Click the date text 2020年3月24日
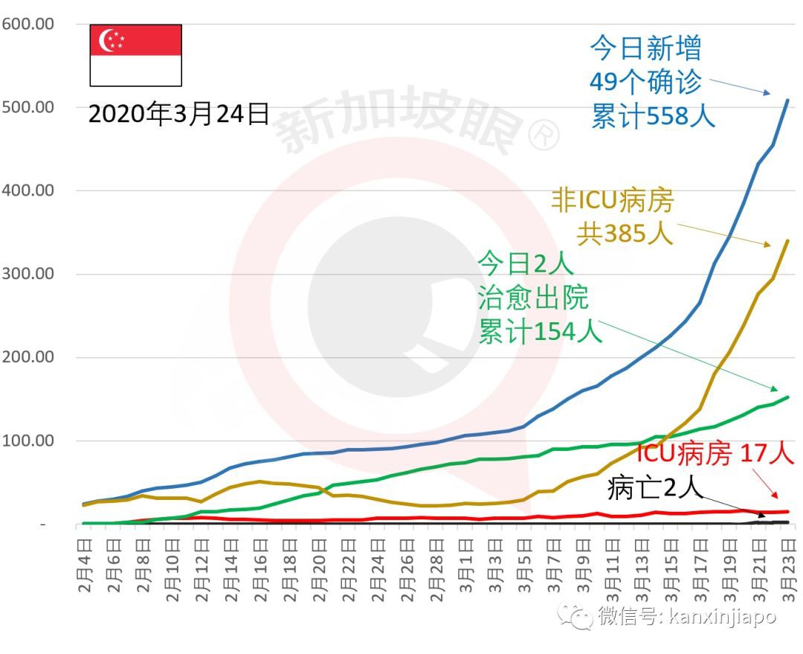pyautogui.click(x=178, y=114)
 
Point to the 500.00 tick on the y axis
pyautogui.click(x=28, y=106)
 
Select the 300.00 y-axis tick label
pyautogui.click(x=28, y=273)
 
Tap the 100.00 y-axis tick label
pyautogui.click(x=28, y=440)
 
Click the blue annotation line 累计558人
pyautogui.click(x=653, y=116)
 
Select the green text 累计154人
pyautogui.click(x=540, y=331)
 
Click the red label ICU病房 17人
pyautogui.click(x=715, y=454)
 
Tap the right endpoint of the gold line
pyautogui.click(x=788, y=240)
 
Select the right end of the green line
pyautogui.click(x=788, y=397)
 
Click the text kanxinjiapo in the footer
pyautogui.click(x=722, y=617)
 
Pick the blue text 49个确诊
pyautogui.click(x=645, y=83)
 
